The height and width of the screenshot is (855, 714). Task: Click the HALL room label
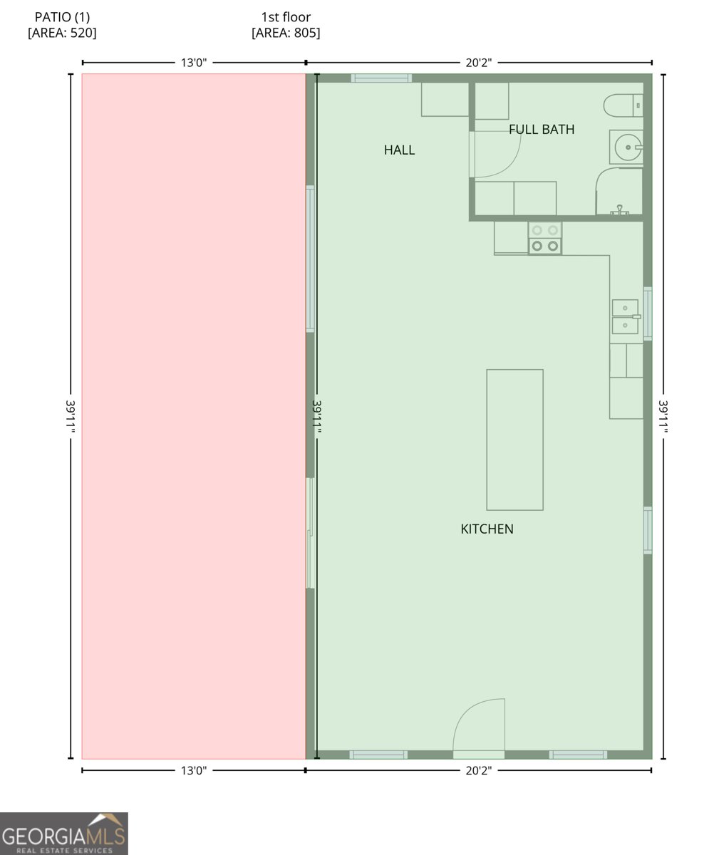399,150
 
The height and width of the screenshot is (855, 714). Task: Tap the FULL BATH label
542,129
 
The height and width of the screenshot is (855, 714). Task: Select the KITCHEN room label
487,529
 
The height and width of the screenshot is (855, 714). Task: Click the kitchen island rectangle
514,439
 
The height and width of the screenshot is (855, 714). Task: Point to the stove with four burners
545,238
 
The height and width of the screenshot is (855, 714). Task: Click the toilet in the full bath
622,105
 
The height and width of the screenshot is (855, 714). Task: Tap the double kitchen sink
625,317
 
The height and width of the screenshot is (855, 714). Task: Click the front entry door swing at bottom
480,727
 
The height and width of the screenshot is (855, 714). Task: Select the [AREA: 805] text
286,33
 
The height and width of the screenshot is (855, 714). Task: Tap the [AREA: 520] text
62,33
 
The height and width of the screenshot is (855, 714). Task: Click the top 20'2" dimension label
478,63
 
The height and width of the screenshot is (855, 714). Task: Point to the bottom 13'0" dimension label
193,770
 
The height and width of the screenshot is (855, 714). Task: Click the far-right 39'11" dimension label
663,416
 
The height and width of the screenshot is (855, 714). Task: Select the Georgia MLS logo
64,833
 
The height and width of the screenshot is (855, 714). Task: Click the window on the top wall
381,78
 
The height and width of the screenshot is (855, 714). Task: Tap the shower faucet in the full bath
620,209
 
